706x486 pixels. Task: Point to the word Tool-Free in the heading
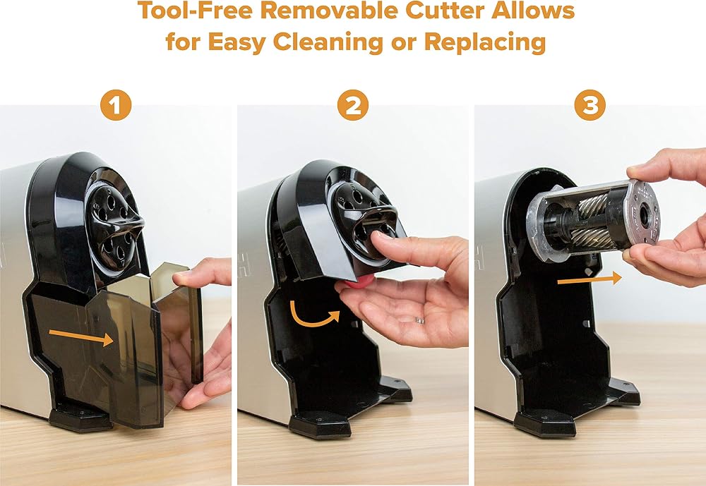[x=195, y=10]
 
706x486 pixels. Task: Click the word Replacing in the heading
[x=485, y=42]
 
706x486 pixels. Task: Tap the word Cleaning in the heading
[x=328, y=42]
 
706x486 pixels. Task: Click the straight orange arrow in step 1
[x=81, y=337]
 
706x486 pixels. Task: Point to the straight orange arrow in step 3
[x=590, y=280]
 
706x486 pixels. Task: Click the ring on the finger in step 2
[x=419, y=320]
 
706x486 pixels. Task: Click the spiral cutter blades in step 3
[x=594, y=221]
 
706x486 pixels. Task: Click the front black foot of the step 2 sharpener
[x=320, y=426]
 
